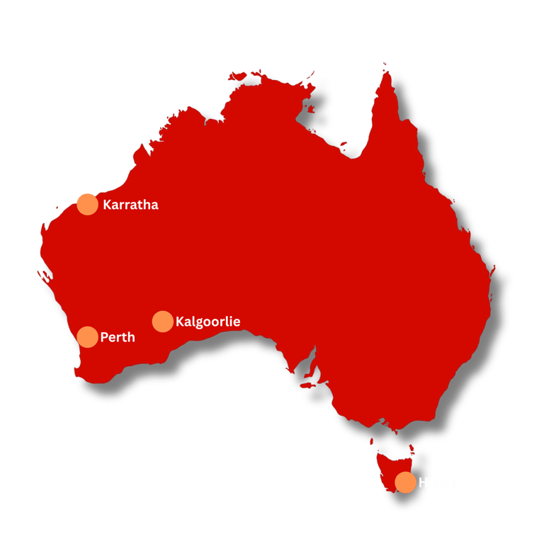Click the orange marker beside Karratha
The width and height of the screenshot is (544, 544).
click(87, 204)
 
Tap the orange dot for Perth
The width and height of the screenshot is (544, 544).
click(87, 336)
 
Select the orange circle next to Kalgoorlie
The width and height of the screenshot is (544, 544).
click(162, 321)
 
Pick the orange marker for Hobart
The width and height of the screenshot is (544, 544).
click(405, 482)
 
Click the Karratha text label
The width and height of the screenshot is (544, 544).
click(130, 205)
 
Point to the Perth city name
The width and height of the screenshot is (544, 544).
click(118, 337)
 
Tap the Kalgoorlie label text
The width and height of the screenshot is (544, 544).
click(208, 322)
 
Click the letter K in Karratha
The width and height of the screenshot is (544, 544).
click(107, 205)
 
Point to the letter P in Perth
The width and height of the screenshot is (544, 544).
click(104, 337)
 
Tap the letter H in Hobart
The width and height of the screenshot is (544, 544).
click(424, 483)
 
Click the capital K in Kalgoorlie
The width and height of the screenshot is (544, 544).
click(180, 322)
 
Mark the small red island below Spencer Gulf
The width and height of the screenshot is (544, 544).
click(310, 385)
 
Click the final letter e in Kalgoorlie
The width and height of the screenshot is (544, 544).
click(237, 322)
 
